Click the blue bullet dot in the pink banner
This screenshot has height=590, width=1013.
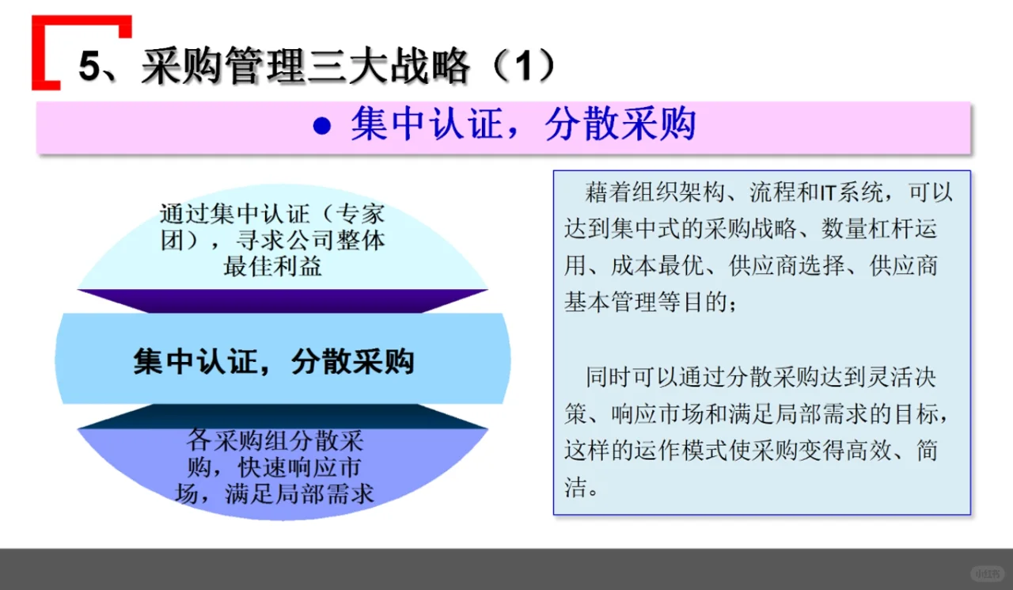[321, 127]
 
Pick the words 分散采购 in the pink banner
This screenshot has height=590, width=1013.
[620, 124]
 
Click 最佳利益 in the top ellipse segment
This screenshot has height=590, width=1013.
[272, 266]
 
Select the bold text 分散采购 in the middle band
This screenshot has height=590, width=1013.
[353, 361]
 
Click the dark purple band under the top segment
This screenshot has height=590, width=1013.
[282, 300]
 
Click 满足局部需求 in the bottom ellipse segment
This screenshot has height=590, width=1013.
[299, 494]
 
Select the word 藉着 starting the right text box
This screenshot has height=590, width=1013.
[605, 193]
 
